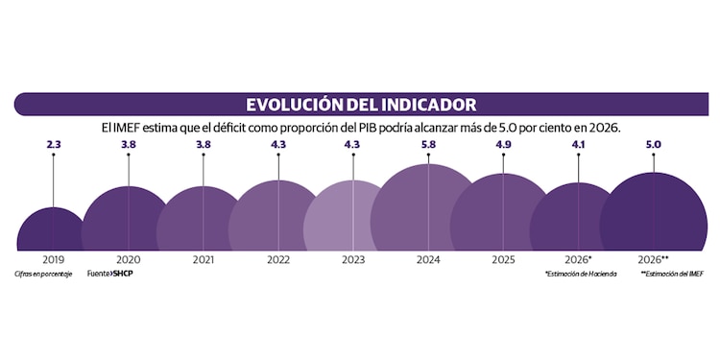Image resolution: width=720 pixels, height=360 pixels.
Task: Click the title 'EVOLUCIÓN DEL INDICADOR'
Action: [360, 104]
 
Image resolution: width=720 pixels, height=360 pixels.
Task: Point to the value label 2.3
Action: [54, 145]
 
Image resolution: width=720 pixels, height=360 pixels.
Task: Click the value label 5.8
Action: [429, 145]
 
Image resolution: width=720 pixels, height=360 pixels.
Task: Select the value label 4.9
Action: [503, 145]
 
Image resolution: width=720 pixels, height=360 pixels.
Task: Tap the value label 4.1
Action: [578, 145]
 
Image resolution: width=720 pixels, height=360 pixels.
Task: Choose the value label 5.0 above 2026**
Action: [654, 145]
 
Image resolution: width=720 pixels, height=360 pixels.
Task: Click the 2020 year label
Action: [129, 260]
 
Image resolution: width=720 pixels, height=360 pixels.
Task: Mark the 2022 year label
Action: [278, 260]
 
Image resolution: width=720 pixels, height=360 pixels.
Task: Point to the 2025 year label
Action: [503, 260]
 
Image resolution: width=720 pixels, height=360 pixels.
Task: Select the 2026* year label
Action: [576, 260]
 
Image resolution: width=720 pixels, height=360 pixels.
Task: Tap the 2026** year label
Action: [653, 260]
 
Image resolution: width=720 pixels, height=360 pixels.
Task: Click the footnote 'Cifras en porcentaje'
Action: [43, 274]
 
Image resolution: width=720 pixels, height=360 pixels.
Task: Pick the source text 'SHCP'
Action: [122, 274]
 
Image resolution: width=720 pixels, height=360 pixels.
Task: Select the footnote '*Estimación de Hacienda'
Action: [576, 275]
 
